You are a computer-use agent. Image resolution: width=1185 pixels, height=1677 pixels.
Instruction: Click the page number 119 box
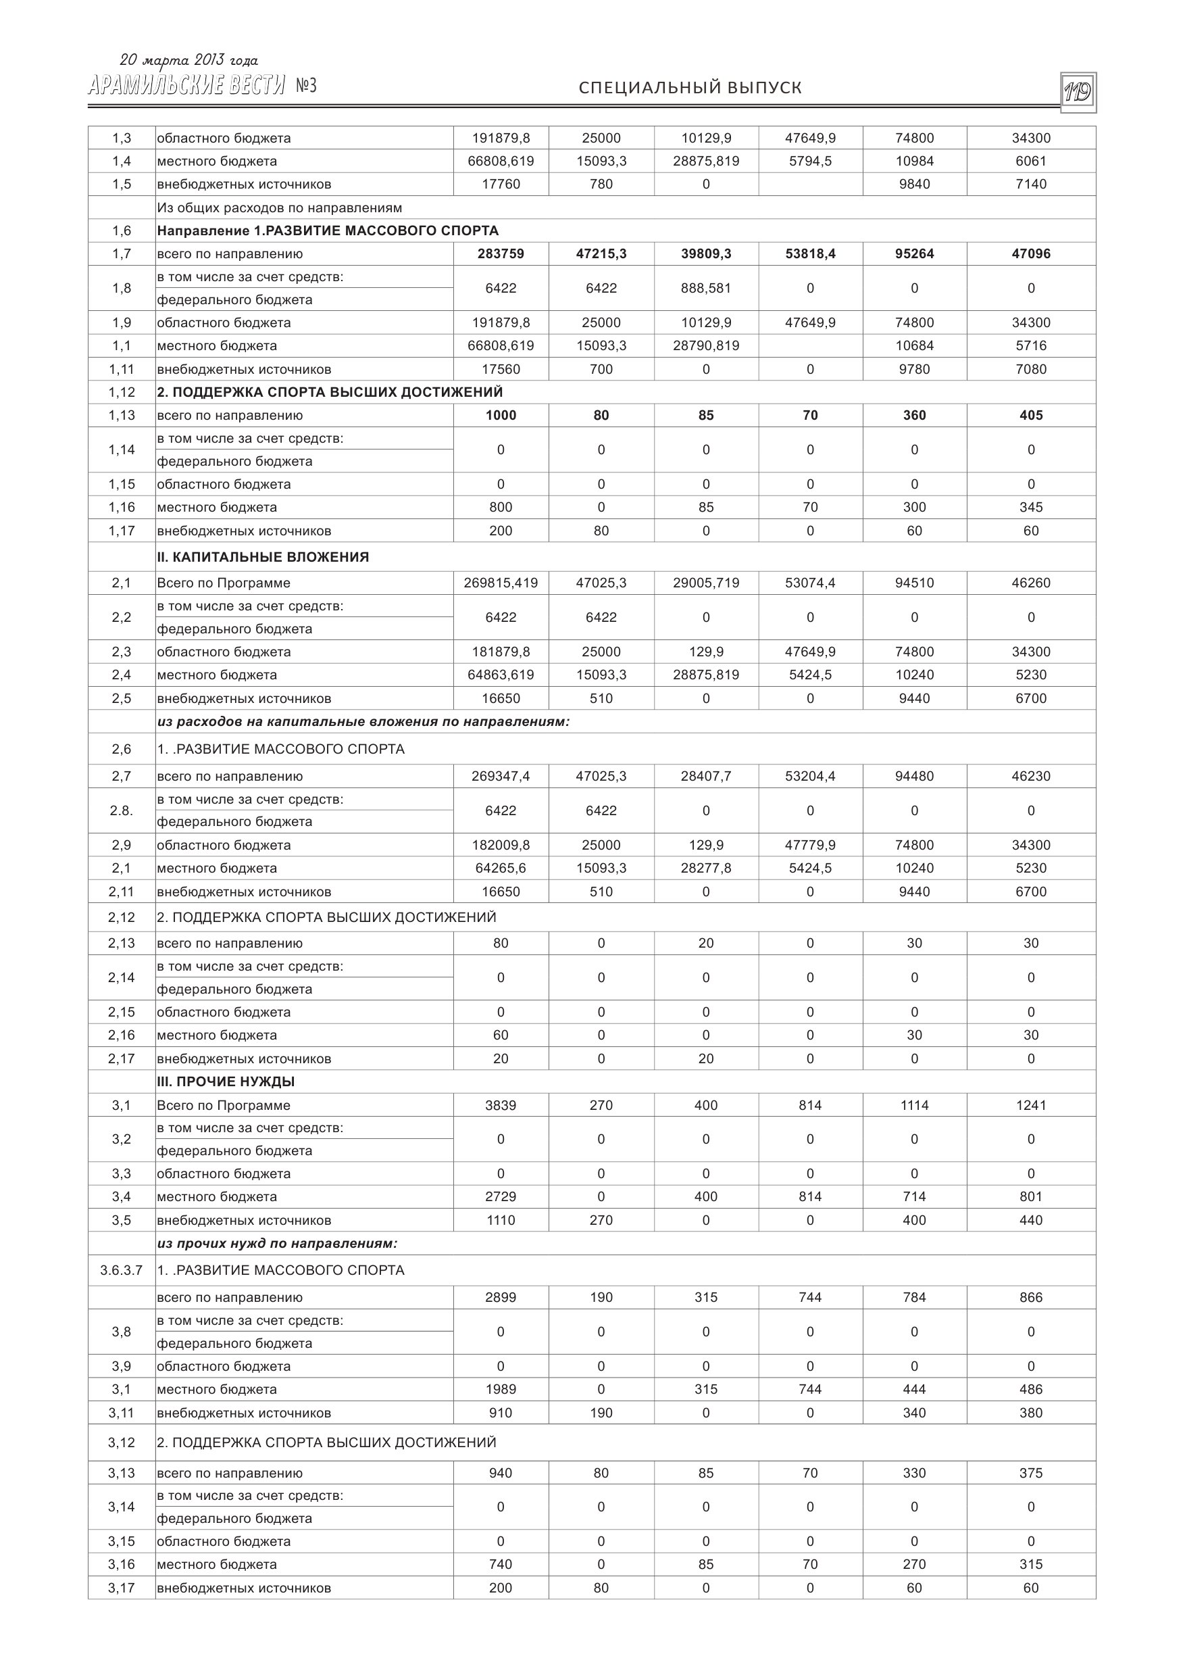coord(1078,92)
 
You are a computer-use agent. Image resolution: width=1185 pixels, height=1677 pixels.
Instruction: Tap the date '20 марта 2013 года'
coord(188,61)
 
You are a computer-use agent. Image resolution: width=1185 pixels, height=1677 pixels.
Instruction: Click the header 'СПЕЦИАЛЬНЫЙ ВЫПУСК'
coord(690,88)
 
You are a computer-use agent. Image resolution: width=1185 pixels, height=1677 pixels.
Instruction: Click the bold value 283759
coord(501,253)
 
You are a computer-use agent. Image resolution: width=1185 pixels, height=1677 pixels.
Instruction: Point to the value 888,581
coord(706,288)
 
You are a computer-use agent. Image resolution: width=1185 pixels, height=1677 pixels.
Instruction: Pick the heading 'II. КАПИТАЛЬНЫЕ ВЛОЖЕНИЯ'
coord(263,556)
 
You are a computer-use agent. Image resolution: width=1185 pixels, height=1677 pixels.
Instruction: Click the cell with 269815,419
coord(501,583)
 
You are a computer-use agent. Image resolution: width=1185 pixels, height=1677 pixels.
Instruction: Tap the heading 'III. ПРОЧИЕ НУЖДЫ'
coord(226,1081)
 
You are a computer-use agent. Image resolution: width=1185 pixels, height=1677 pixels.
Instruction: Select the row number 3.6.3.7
coord(121,1270)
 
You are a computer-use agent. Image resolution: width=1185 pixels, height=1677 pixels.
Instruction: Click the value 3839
coord(501,1105)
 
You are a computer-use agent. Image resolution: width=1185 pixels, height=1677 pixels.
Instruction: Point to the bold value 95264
coord(914,253)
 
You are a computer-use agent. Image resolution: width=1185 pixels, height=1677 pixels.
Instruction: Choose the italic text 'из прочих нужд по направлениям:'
coord(278,1243)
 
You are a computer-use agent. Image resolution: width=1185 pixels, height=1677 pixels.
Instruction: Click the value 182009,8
coord(501,845)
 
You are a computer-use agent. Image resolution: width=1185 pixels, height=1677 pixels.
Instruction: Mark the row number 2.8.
coord(121,810)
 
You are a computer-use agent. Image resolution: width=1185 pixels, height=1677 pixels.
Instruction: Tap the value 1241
coord(1031,1105)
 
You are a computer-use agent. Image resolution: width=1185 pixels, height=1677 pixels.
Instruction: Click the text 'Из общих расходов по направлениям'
coord(280,208)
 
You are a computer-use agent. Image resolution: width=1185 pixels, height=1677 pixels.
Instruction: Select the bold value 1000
coord(501,415)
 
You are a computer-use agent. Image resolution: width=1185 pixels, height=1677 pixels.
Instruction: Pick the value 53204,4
coord(811,776)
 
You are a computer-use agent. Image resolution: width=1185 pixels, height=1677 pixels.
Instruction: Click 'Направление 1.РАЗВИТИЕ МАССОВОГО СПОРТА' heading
coord(328,230)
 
